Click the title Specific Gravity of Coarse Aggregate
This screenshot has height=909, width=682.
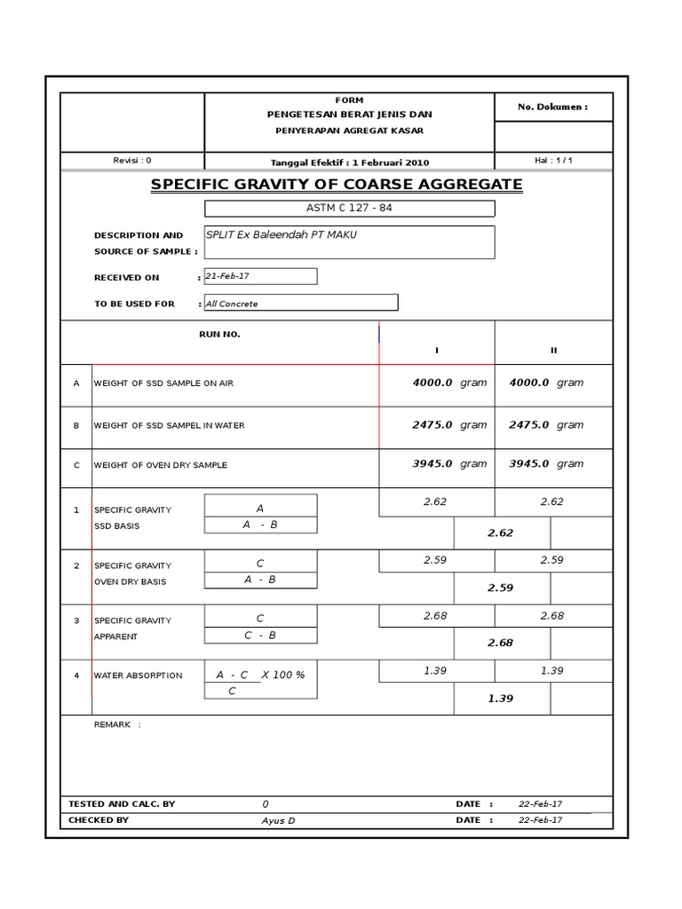tap(337, 185)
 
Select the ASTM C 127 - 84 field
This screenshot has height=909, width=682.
tap(349, 209)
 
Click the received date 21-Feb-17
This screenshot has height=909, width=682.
tap(260, 276)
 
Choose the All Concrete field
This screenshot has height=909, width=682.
tap(301, 304)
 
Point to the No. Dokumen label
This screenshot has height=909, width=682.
tap(552, 107)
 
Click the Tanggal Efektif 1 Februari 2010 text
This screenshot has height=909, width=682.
tap(349, 162)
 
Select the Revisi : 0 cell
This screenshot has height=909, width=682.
tap(132, 161)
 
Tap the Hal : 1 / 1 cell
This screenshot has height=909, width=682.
tap(553, 161)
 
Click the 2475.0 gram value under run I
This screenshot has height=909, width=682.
tap(449, 425)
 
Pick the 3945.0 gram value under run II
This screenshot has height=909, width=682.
tap(545, 464)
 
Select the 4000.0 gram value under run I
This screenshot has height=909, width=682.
tap(449, 383)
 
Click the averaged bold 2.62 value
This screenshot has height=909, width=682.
tap(500, 534)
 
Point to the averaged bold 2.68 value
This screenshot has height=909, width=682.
tap(500, 644)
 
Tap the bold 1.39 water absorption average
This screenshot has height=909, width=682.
tap(500, 699)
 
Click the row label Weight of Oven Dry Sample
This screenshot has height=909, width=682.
tap(160, 465)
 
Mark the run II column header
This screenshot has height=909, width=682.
tap(553, 350)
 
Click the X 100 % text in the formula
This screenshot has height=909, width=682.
tap(282, 676)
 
